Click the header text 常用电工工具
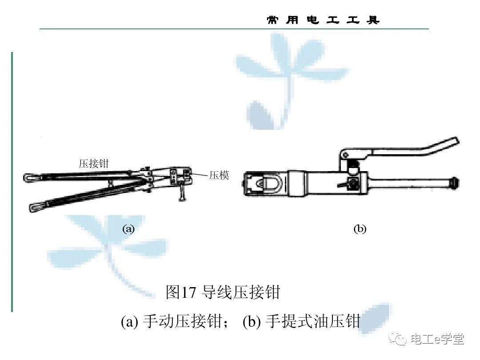point(323,20)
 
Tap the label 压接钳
point(94,164)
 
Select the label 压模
point(219,176)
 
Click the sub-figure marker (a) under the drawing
point(128,229)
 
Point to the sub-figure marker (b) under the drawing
point(360,229)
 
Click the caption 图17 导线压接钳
point(223,292)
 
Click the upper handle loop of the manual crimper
point(31,178)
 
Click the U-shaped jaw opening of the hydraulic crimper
point(271,183)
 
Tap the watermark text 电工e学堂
point(437,340)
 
